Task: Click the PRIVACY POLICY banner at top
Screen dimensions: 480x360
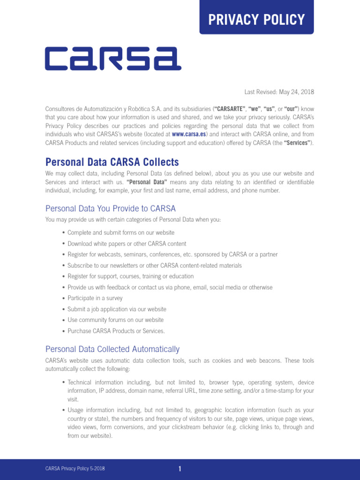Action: point(256,19)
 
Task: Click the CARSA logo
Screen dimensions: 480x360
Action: point(113,59)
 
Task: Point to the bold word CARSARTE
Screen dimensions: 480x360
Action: point(228,109)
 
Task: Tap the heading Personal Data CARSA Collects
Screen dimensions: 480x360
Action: point(112,162)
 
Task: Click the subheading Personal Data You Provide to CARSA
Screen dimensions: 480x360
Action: point(110,208)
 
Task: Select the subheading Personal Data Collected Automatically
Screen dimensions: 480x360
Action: point(112,349)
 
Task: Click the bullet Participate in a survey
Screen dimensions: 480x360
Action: point(95,298)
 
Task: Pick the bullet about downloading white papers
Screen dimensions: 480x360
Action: point(127,244)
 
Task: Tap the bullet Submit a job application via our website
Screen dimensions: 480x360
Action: point(117,309)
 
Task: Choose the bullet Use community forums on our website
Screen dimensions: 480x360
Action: point(115,320)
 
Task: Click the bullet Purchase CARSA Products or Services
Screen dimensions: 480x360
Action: point(116,331)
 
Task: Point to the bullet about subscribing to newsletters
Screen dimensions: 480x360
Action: point(154,265)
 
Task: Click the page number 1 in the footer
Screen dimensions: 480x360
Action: point(180,469)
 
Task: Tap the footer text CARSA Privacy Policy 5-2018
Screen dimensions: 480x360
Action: point(75,469)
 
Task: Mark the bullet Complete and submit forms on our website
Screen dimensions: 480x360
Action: point(120,232)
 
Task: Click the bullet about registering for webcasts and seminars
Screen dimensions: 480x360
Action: point(172,255)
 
